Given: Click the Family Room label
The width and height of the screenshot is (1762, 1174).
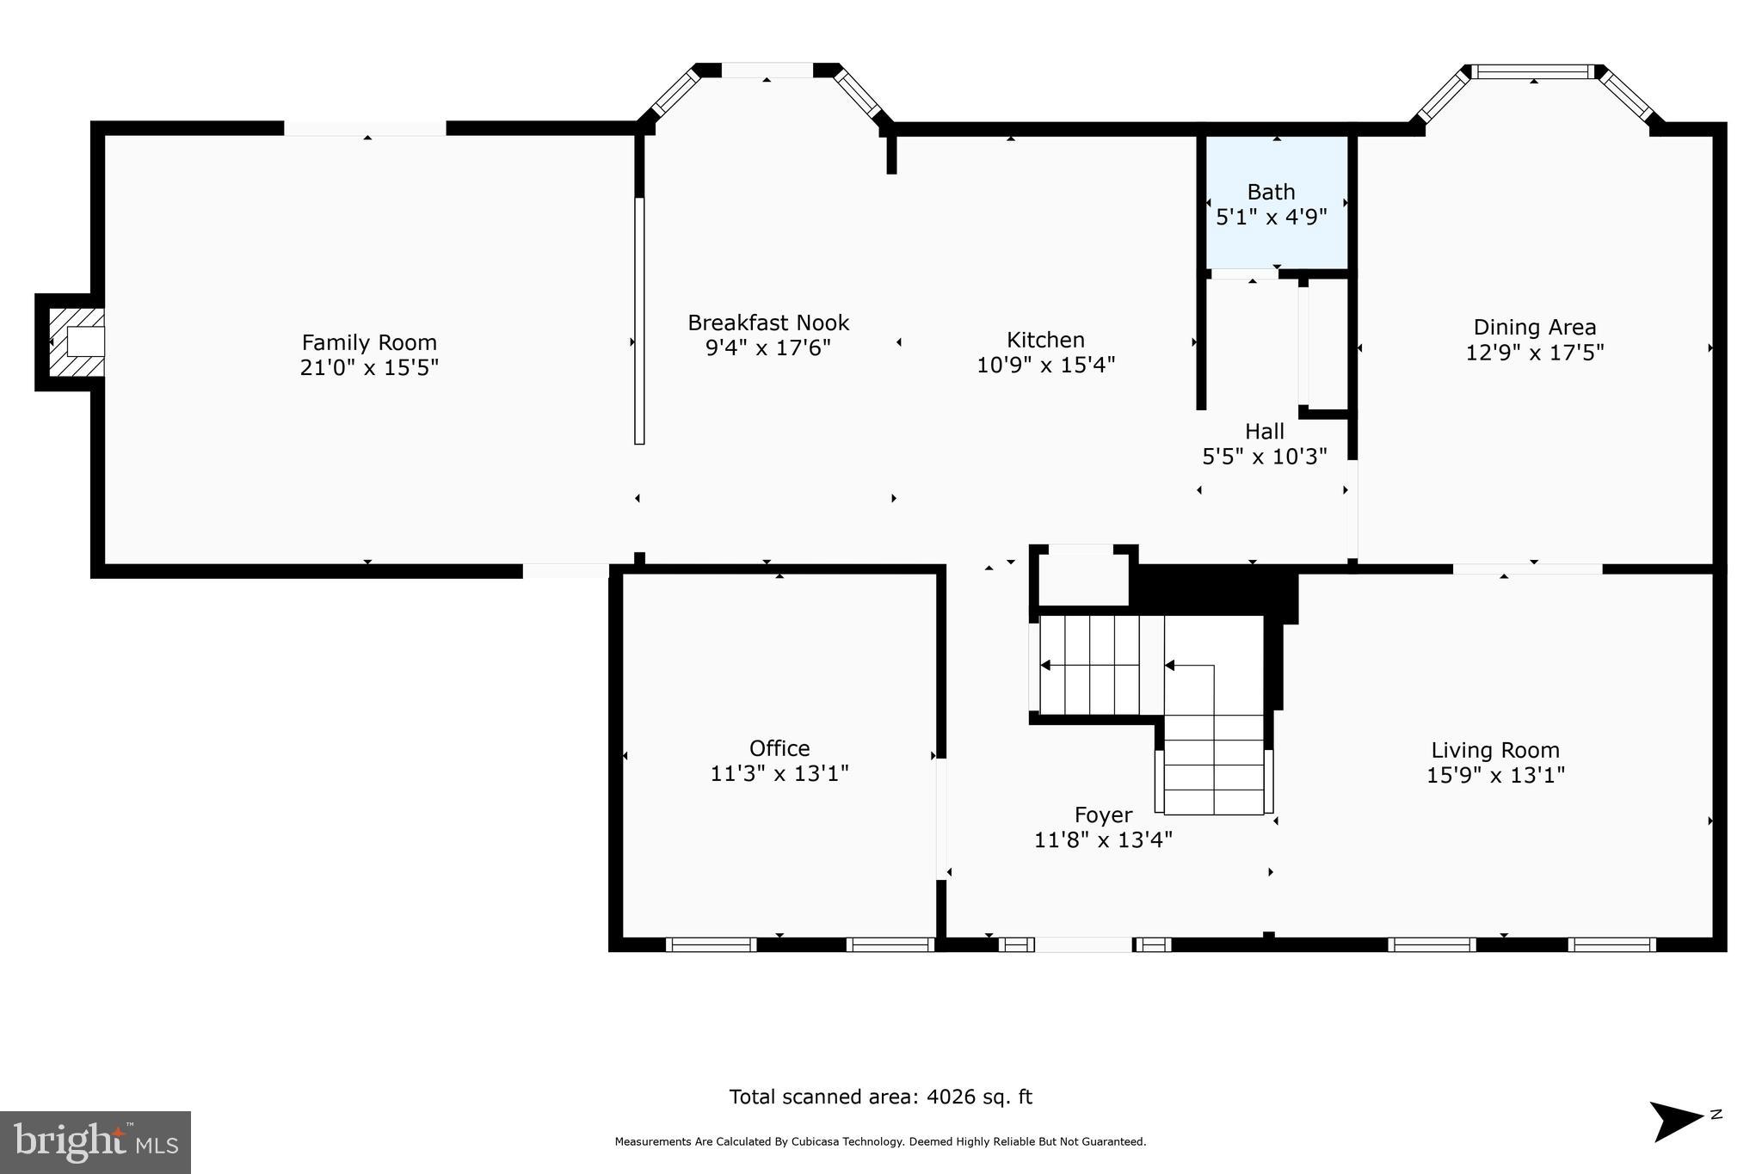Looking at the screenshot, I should (x=369, y=342).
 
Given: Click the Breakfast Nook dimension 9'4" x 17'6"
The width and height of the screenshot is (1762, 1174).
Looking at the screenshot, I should (x=768, y=347).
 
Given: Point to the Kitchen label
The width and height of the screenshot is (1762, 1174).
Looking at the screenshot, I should (x=1045, y=340).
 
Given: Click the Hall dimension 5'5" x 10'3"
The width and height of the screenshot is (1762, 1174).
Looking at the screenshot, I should (x=1264, y=457).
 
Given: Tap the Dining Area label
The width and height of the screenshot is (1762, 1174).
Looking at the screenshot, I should (x=1534, y=327).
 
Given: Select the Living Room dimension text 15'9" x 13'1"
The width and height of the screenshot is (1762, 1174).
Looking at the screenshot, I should (x=1495, y=775).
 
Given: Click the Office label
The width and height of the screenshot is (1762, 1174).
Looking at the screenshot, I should (x=779, y=748).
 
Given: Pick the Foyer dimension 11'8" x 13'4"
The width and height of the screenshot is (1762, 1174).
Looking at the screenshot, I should (x=1103, y=839).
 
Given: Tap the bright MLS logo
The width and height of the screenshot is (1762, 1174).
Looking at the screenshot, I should (x=95, y=1142).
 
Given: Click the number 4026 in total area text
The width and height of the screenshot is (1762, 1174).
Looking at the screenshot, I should (x=952, y=1097).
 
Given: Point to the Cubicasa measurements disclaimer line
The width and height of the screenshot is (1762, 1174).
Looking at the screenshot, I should (x=880, y=1142).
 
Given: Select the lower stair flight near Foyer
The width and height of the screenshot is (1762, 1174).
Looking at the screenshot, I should (x=1213, y=765).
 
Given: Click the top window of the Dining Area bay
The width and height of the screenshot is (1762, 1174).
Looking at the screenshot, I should (x=1533, y=72).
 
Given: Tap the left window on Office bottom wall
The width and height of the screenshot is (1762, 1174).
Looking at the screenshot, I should (x=711, y=944).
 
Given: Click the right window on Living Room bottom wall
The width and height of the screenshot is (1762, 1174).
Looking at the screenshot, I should (x=1611, y=944).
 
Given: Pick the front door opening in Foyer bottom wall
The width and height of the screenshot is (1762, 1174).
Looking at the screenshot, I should (x=1083, y=944).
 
